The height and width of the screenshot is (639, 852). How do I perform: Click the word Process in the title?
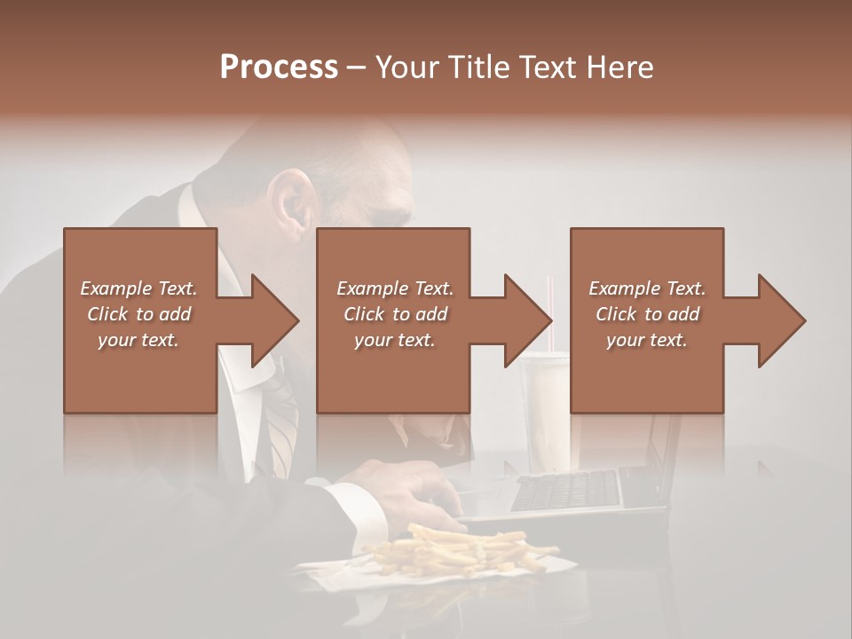click(279, 67)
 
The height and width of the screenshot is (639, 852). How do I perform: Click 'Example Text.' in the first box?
click(139, 288)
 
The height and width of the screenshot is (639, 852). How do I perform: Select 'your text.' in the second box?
click(394, 340)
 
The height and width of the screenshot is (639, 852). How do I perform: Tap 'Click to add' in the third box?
click(647, 314)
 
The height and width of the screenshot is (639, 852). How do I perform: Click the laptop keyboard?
click(565, 491)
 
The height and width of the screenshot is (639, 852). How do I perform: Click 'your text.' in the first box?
click(139, 340)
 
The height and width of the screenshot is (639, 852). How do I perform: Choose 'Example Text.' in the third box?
click(647, 288)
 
